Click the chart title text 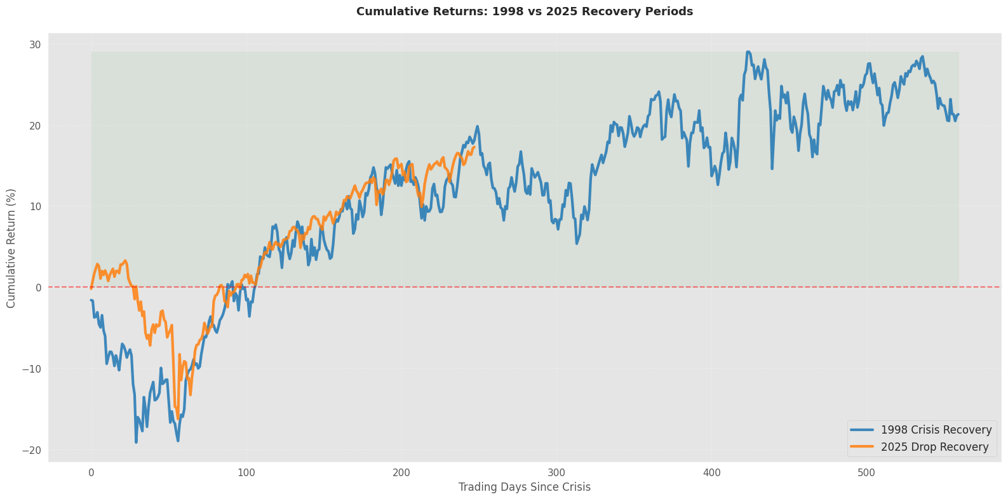[524, 11]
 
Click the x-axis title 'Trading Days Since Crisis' [524, 488]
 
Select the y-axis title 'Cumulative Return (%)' [11, 248]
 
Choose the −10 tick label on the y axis [31, 369]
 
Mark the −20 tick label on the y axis [31, 450]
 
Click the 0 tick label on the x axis [91, 473]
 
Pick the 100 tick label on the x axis [246, 473]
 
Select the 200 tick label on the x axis [401, 473]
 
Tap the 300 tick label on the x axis [557, 473]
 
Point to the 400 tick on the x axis [712, 473]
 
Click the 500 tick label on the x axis [867, 473]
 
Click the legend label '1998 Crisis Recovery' [936, 430]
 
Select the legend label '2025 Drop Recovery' [934, 447]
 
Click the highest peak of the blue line [748, 52]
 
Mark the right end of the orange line [474, 147]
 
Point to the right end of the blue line [958, 114]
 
